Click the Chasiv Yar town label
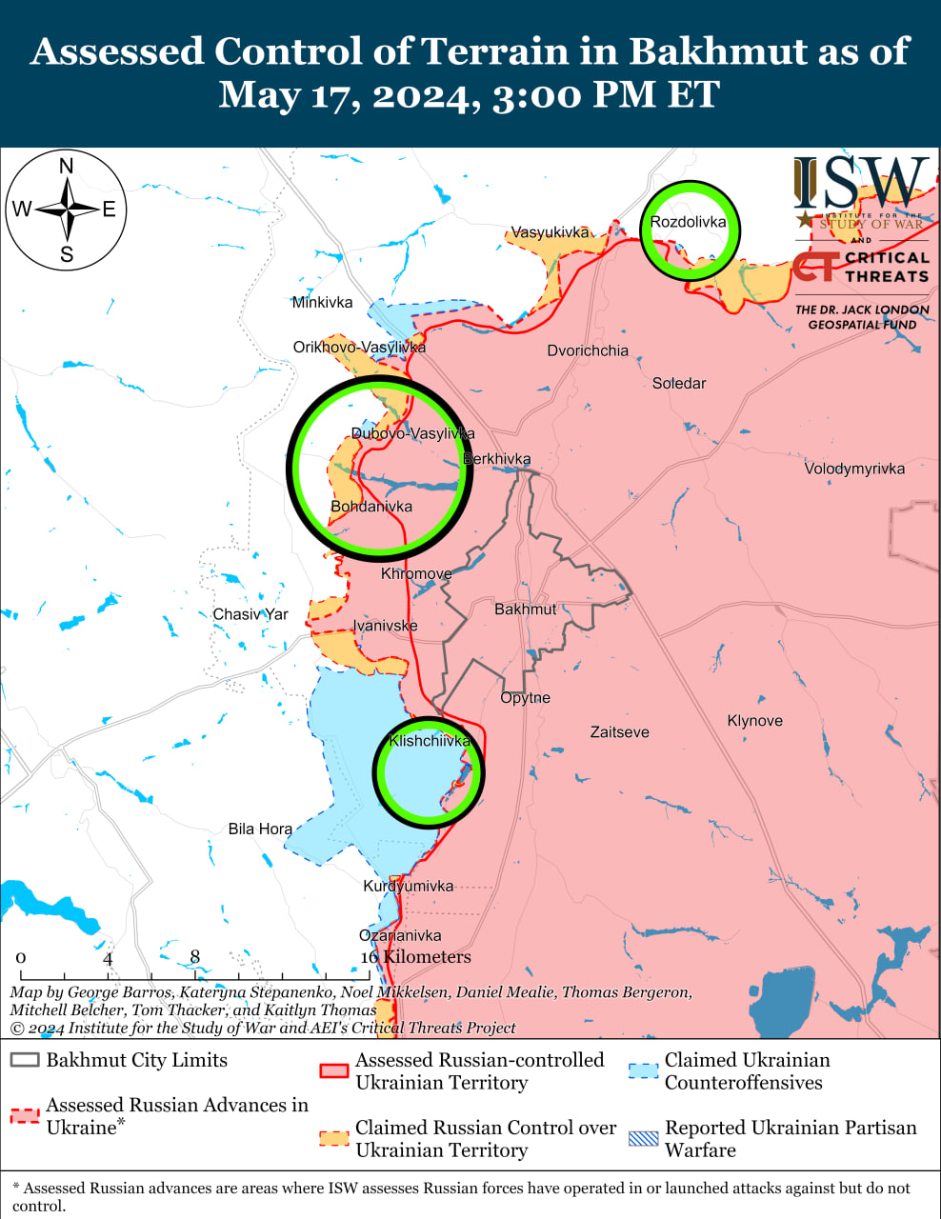click(250, 614)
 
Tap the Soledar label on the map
click(679, 383)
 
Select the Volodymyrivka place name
click(854, 469)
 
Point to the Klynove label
click(754, 721)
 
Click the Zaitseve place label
click(619, 732)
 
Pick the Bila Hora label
click(260, 829)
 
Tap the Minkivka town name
click(322, 303)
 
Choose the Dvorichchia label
click(588, 350)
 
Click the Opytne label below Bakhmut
click(525, 698)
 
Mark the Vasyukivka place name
click(551, 232)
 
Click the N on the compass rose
click(67, 167)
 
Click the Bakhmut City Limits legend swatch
click(25, 1061)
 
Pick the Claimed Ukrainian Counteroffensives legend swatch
click(644, 1071)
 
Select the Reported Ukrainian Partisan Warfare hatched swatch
click(644, 1138)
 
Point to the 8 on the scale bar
click(195, 957)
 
